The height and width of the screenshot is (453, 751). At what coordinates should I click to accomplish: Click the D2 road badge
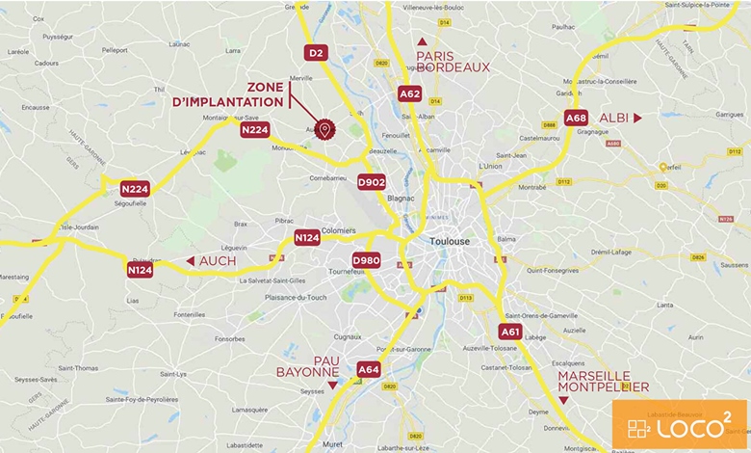(318, 53)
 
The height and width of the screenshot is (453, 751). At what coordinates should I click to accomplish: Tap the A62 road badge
(409, 93)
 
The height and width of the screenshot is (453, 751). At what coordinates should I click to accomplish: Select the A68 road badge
(576, 118)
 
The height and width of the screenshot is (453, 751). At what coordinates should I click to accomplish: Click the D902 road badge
(371, 181)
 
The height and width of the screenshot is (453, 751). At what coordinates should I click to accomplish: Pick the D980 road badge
(366, 260)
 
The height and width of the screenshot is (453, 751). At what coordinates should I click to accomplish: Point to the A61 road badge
(510, 332)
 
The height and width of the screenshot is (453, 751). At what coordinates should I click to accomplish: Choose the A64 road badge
(369, 369)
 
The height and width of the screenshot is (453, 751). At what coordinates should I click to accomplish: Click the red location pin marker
(325, 129)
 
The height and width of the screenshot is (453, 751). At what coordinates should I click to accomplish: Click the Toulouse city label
(450, 241)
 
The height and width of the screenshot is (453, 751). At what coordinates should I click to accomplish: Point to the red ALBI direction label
(613, 118)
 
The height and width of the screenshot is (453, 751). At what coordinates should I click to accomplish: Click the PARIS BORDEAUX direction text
(453, 62)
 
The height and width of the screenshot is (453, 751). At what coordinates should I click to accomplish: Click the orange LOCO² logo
(679, 425)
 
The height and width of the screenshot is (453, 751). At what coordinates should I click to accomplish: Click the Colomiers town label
(339, 230)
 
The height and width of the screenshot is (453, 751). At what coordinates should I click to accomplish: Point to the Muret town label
(333, 444)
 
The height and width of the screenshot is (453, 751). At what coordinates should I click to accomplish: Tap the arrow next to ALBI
(637, 118)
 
